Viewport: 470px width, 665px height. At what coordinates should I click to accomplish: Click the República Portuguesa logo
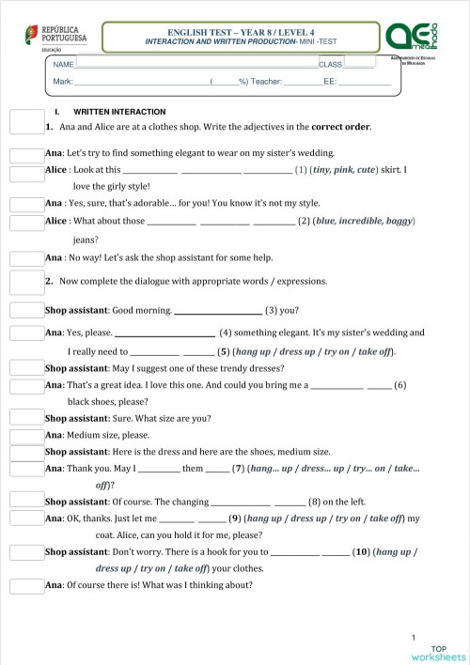pyautogui.click(x=55, y=38)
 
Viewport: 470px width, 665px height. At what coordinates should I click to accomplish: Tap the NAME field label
pyautogui.click(x=63, y=64)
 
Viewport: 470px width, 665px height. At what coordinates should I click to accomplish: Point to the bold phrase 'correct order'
pyautogui.click(x=340, y=126)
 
